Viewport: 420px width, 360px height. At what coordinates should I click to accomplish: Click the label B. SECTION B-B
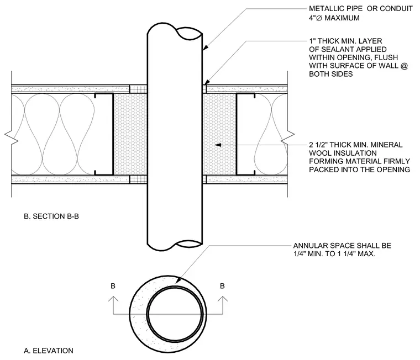pyautogui.click(x=51, y=216)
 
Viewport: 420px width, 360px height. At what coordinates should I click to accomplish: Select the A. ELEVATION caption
pyautogui.click(x=49, y=351)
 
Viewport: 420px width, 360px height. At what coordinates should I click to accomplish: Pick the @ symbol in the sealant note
pyautogui.click(x=404, y=66)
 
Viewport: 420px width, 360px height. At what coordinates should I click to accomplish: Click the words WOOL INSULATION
pyautogui.click(x=343, y=153)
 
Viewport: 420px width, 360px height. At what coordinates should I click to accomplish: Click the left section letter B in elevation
pyautogui.click(x=113, y=286)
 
